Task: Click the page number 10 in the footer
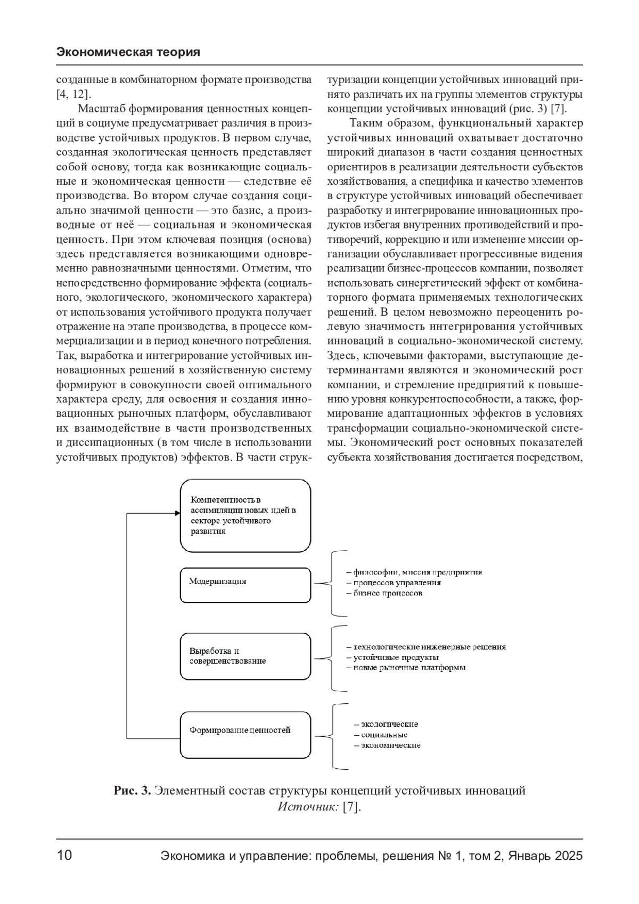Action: coord(64,856)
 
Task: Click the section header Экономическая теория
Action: coord(128,52)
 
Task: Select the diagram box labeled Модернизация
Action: coord(245,585)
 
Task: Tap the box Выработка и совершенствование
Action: coord(245,656)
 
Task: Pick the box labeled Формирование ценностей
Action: coord(245,735)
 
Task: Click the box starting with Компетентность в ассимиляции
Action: coord(245,515)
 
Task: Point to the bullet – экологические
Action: coord(386,724)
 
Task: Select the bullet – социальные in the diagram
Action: coord(381,735)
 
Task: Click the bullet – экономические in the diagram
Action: coord(387,745)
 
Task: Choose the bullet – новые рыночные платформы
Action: coord(406,667)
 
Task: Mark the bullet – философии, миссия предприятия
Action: coord(414,572)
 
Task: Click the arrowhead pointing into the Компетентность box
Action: coord(177,514)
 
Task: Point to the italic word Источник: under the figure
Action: coord(308,807)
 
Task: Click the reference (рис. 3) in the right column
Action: coord(525,109)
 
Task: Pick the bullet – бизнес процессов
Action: coord(384,593)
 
